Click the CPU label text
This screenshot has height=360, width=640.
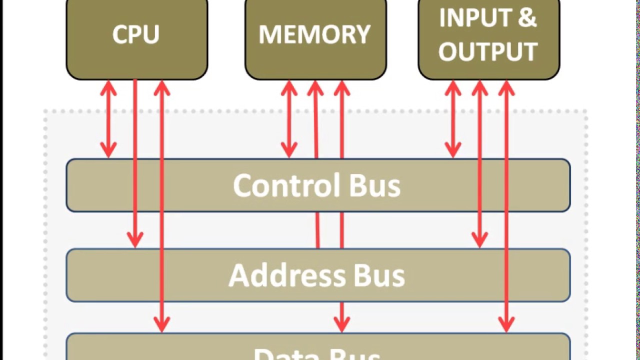pyautogui.click(x=136, y=34)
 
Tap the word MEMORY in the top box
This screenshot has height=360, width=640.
pyautogui.click(x=315, y=34)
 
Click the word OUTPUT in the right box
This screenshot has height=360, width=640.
pyautogui.click(x=488, y=51)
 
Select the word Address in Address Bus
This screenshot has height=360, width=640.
pyautogui.click(x=286, y=275)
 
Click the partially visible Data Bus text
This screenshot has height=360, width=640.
pyautogui.click(x=317, y=354)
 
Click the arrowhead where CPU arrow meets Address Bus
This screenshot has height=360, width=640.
pyautogui.click(x=135, y=240)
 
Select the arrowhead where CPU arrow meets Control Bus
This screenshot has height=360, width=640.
pyautogui.click(x=108, y=150)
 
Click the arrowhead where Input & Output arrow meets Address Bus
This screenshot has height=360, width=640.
pyautogui.click(x=480, y=240)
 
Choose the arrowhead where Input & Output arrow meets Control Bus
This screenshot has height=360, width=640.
pyautogui.click(x=453, y=150)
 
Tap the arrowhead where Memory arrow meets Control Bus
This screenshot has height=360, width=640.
pyautogui.click(x=289, y=150)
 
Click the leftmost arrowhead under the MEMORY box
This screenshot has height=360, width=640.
pyautogui.click(x=289, y=89)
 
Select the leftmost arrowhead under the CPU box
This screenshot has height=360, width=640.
pyautogui.click(x=108, y=89)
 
